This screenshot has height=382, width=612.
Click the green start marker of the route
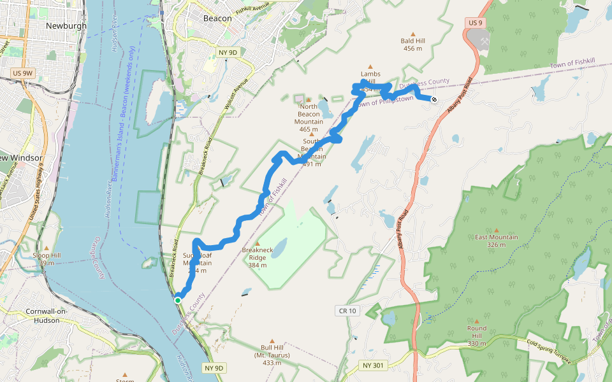coord(178,300)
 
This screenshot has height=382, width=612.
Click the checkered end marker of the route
coord(433,99)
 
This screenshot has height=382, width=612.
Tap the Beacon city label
coord(217,18)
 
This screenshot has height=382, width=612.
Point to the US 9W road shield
coord(22,74)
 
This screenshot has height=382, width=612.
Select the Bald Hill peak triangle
coord(413,34)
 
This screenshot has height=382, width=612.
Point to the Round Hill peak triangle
coord(477,321)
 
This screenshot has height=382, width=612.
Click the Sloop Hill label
coord(47,258)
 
